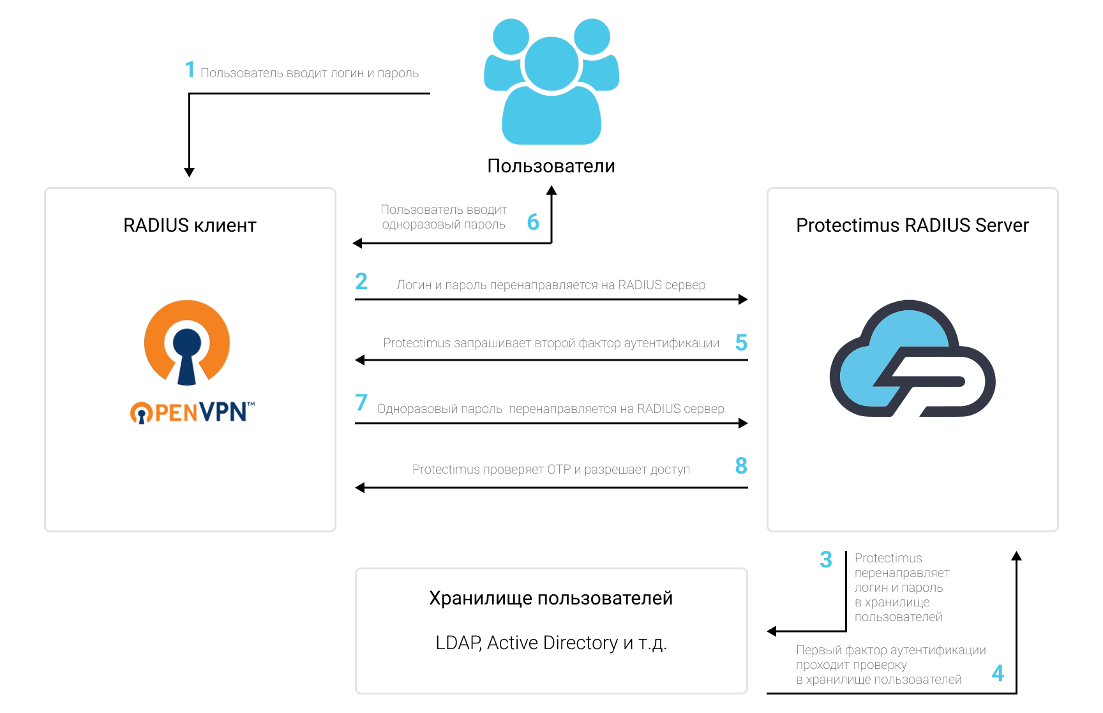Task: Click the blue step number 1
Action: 190,69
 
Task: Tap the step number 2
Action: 361,281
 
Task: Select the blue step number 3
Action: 826,560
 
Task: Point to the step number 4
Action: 998,673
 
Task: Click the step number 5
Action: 741,343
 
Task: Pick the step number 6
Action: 533,222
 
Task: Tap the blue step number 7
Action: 361,402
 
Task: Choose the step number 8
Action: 741,466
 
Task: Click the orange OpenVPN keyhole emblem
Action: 187,342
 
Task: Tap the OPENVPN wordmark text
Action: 192,412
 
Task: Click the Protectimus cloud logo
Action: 912,358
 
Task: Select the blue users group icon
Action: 551,81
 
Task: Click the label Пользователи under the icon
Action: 551,166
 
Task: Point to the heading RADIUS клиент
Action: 190,225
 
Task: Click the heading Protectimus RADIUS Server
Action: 912,225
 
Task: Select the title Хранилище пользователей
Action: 551,598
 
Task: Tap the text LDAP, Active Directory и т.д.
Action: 551,643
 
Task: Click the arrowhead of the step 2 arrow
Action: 743,299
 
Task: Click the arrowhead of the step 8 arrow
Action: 360,488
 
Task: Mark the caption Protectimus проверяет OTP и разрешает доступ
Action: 551,470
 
